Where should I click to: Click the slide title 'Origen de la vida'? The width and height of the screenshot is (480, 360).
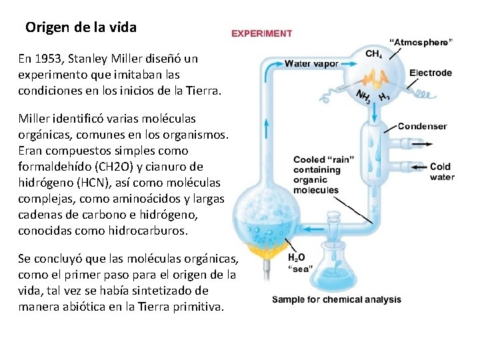(81, 28)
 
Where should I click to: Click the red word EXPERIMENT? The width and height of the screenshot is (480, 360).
(261, 33)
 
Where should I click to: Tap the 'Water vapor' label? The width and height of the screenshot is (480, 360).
(311, 64)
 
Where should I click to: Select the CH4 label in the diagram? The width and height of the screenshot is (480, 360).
(375, 53)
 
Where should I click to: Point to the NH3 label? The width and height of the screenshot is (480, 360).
(364, 97)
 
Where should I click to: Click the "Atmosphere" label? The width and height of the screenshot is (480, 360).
(421, 41)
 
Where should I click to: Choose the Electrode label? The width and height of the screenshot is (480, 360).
(430, 73)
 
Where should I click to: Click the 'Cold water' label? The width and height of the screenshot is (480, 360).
(441, 171)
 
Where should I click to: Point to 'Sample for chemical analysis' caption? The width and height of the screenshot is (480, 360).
(337, 299)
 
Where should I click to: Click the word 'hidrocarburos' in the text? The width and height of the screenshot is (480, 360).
(151, 231)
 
